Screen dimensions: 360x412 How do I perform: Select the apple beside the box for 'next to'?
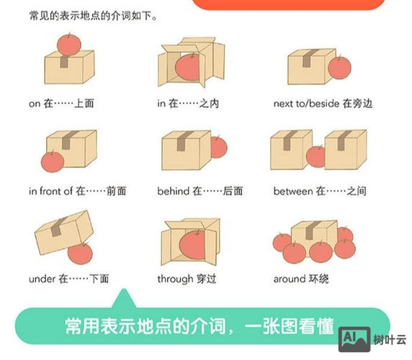click(339, 67)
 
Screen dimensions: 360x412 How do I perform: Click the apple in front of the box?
click(51, 162)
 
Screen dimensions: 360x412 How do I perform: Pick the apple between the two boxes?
click(316, 156)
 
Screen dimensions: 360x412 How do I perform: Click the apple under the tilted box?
click(80, 253)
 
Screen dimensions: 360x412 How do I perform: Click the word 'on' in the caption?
click(35, 104)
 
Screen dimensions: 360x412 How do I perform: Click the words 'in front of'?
click(50, 192)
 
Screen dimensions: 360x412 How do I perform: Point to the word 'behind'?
click(173, 192)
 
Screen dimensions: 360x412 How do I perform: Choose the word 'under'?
click(42, 279)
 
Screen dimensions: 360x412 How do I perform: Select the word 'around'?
click(290, 279)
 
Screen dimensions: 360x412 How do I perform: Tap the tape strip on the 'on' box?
click(64, 62)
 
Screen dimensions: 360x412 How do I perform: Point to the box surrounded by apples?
click(313, 234)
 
